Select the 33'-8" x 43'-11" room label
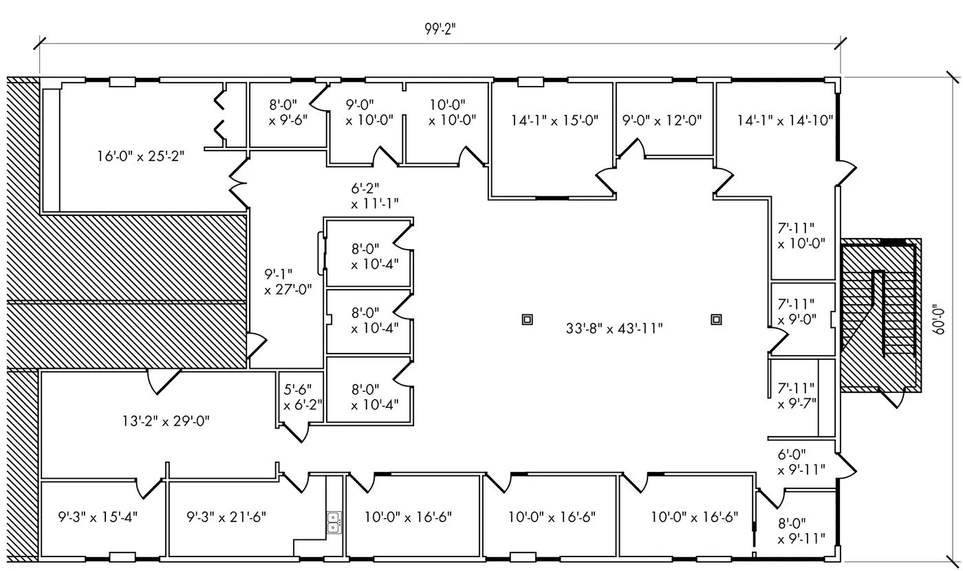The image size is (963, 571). pos(614,328)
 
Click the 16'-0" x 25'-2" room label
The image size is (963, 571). pos(140,156)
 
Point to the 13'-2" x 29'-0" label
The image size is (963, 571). pos(162,421)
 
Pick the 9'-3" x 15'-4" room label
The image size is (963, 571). pos(98,516)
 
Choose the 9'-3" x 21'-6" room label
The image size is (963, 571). pos(227,516)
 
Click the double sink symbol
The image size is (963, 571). pos(334,522)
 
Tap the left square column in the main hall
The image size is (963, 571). pos(528,319)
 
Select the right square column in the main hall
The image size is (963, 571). pos(716,319)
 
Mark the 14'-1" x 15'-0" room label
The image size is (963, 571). pos(554,120)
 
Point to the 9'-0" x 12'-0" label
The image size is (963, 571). pos(662,120)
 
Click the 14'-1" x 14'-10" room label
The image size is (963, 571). pos(786,120)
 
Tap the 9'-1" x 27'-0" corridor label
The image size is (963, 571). pos(288,281)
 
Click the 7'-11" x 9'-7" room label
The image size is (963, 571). pos(797,396)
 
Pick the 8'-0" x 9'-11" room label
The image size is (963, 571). pos(801,530)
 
